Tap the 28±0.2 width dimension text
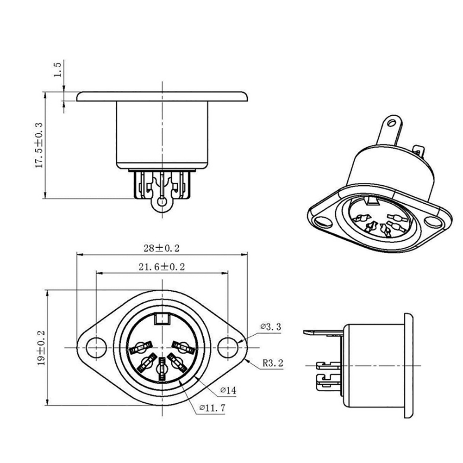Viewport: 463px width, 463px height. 161,248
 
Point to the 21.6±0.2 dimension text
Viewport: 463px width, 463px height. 162,267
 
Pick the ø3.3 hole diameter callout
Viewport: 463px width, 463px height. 270,327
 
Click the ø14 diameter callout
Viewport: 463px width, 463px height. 228,391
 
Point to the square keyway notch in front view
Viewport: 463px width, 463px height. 162,319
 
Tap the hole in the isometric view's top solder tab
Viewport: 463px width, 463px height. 393,123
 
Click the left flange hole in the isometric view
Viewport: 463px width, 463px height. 321,220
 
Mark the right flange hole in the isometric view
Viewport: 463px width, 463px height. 433,222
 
